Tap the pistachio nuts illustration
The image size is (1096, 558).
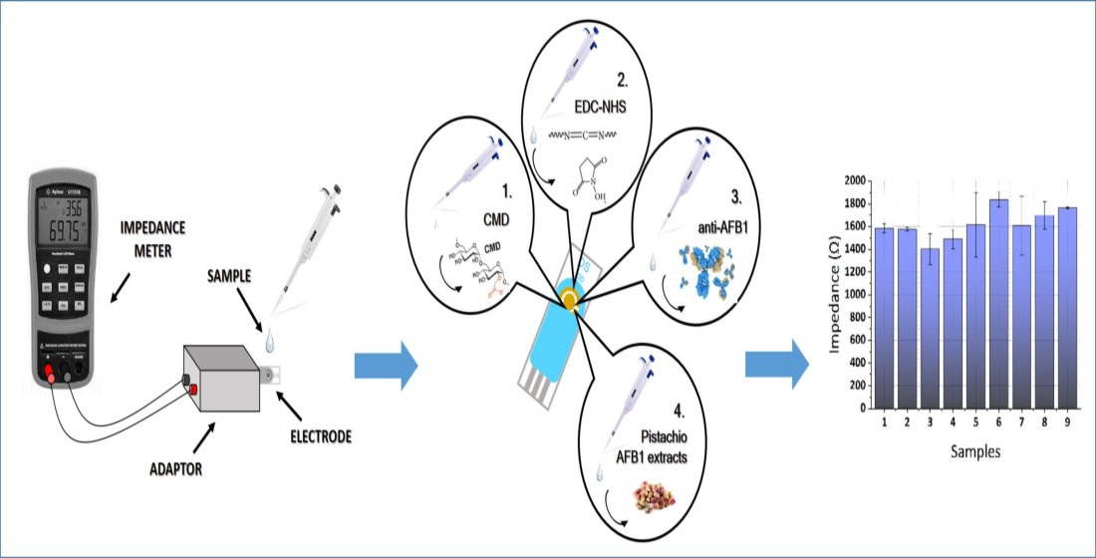(x=644, y=496)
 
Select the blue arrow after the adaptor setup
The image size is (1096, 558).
(x=385, y=366)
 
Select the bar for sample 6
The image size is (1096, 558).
(x=998, y=303)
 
